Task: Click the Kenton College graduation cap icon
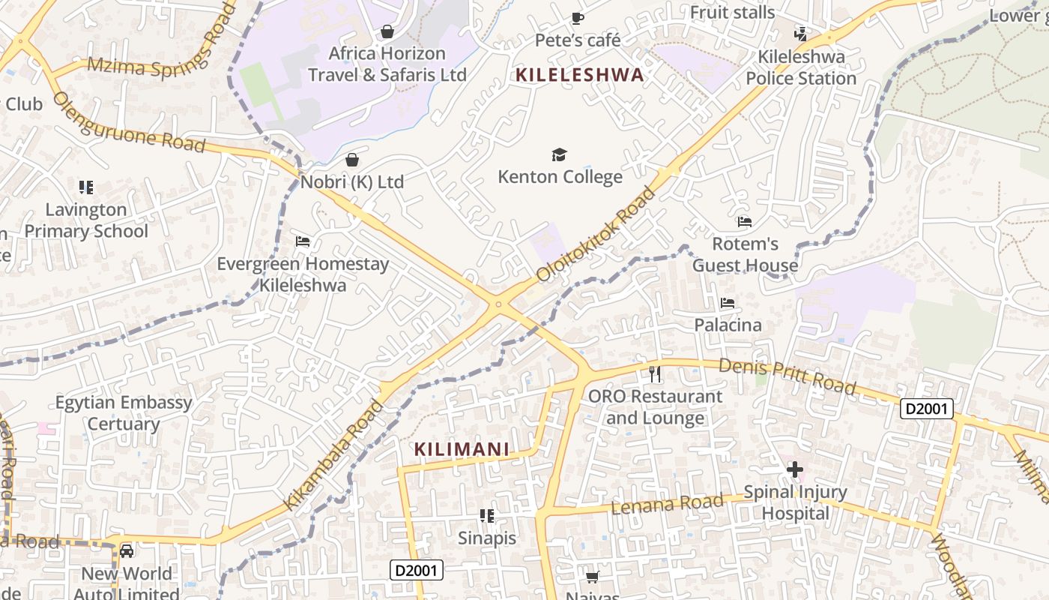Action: pos(559,155)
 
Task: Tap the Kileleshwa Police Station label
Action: pos(801,67)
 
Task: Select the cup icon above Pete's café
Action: pos(577,18)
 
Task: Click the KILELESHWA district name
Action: pos(580,75)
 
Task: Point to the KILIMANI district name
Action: pos(462,449)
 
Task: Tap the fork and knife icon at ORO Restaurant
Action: pos(655,373)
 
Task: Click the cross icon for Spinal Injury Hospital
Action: pos(795,470)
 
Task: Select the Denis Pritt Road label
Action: pos(787,376)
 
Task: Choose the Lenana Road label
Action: pos(668,503)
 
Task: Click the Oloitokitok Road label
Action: pos(596,235)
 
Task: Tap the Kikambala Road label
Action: pos(333,455)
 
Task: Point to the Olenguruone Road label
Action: pos(128,121)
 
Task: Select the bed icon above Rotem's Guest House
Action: pos(745,222)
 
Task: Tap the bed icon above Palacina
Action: pos(727,304)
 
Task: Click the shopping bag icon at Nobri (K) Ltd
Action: pos(352,160)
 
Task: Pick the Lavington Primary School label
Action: pos(86,220)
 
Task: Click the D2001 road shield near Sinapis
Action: pos(417,571)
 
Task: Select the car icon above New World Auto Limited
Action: pos(127,552)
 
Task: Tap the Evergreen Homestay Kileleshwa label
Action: pos(303,274)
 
